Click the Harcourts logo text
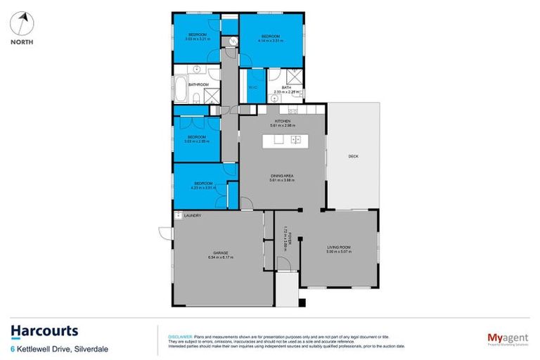44,332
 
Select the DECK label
353,156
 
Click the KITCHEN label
283,122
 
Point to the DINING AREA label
282,176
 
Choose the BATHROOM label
198,85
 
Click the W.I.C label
252,87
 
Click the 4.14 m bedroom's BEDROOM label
271,37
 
